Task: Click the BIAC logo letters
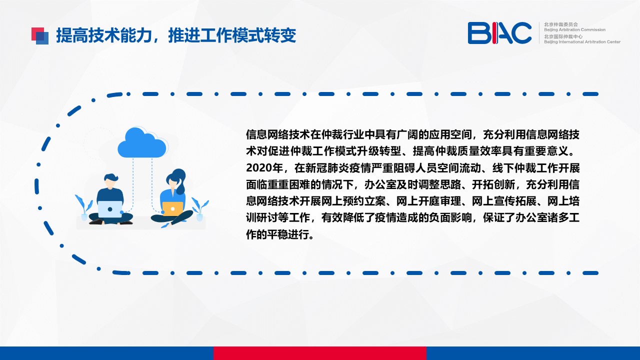499,33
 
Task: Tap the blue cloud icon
142,142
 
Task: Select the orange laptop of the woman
172,209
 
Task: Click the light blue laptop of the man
110,209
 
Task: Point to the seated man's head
111,181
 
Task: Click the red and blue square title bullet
40,36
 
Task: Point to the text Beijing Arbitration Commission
574,29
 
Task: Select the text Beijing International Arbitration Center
582,42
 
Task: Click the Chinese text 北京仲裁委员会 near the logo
561,24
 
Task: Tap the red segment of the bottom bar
319,353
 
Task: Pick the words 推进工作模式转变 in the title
232,35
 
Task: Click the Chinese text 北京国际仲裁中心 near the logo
563,36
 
